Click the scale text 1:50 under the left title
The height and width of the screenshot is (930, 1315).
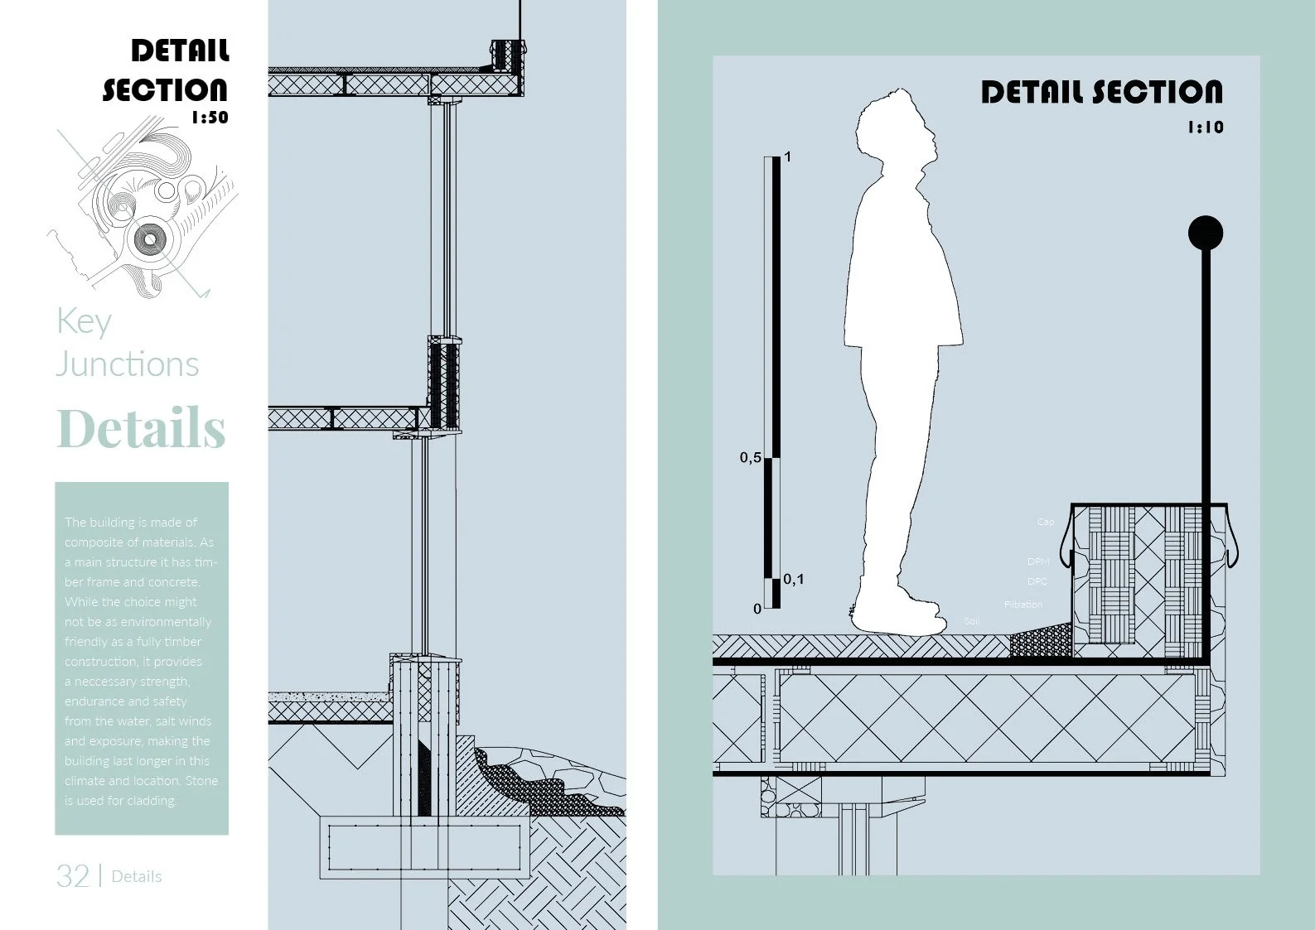[210, 118]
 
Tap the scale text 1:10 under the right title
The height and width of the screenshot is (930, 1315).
[1206, 128]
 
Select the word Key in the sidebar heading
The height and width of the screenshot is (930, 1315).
[84, 321]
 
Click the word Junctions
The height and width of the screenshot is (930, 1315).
[128, 364]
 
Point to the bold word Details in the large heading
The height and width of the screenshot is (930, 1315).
[141, 428]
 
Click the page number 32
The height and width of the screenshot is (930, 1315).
[73, 876]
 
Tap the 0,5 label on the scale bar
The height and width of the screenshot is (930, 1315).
[750, 457]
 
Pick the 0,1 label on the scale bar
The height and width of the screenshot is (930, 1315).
[793, 579]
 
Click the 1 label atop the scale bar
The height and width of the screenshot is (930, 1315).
[787, 157]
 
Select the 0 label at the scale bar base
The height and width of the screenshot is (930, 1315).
[757, 609]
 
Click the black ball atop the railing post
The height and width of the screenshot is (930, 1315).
[1205, 234]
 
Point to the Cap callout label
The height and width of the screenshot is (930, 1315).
[1046, 522]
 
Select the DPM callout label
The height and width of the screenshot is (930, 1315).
[1037, 561]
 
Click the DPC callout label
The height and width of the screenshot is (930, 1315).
[1037, 581]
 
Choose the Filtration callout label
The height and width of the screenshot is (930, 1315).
[1023, 605]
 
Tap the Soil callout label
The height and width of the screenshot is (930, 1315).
[971, 621]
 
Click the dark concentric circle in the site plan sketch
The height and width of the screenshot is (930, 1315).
[150, 240]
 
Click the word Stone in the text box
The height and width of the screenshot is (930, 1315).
[201, 781]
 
